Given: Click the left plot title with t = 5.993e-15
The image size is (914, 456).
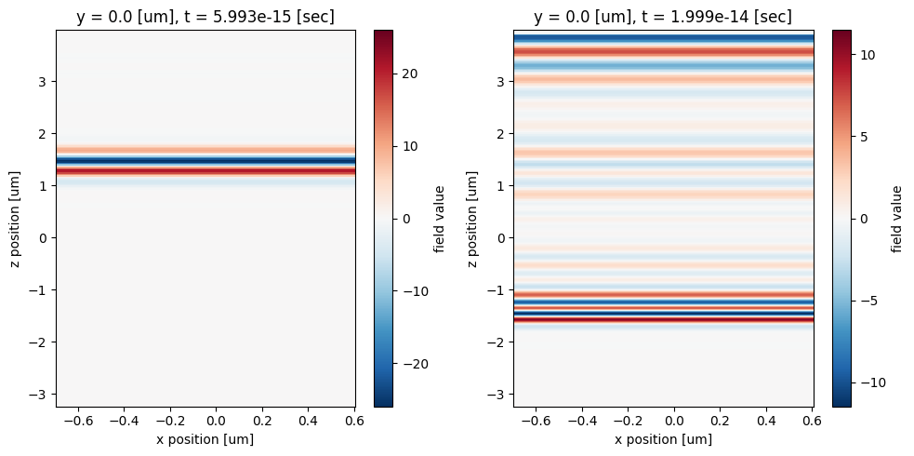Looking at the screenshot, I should tap(205, 17).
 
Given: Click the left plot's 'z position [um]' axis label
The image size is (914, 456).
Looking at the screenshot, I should tap(16, 218).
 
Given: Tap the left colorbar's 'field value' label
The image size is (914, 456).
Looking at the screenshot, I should tap(439, 218).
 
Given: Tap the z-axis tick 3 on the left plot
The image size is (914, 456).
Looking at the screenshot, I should tap(41, 82).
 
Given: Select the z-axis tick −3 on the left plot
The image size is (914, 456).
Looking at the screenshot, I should tap(38, 394).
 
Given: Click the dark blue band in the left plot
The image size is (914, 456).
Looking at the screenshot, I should tap(205, 161).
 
